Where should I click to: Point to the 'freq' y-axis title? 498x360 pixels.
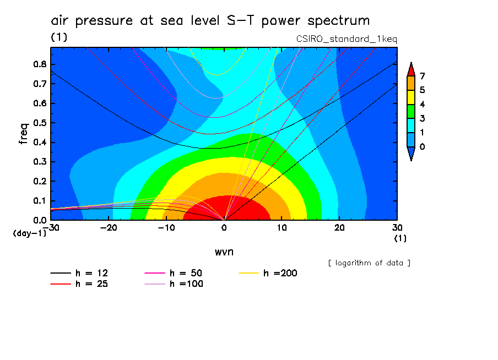(23, 133)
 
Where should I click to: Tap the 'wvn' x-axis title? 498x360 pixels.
(223, 252)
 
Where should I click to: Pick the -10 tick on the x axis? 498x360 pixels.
(166, 227)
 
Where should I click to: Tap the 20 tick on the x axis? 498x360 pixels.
(339, 227)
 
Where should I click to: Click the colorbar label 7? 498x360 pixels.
(421, 76)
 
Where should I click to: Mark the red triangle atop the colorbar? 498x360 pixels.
(410, 69)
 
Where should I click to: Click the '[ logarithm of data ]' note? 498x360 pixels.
(369, 263)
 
